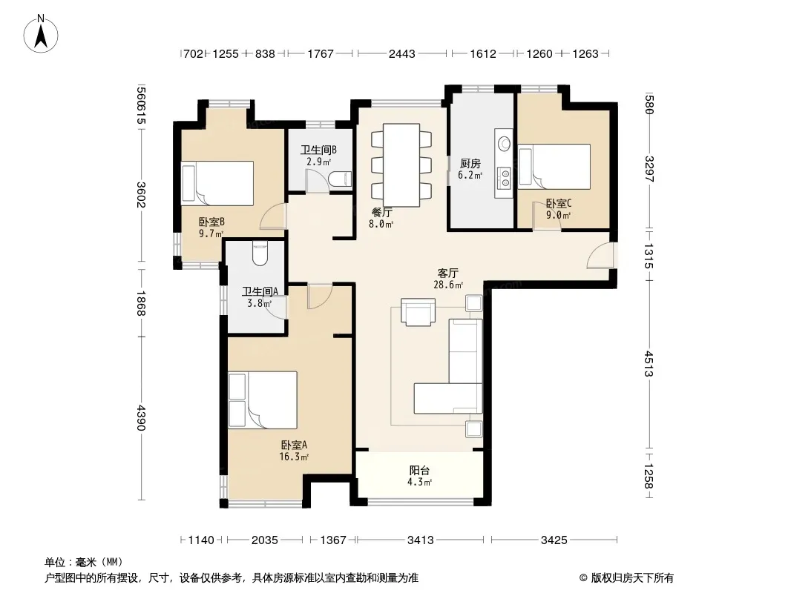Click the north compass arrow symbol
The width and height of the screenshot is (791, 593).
(x=41, y=34)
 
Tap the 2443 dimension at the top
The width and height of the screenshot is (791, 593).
(x=401, y=53)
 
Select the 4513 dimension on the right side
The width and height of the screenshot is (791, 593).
(x=649, y=364)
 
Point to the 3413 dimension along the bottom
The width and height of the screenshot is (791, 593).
(x=420, y=540)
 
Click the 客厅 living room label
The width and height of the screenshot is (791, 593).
(x=447, y=273)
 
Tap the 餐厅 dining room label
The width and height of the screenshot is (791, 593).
(x=381, y=213)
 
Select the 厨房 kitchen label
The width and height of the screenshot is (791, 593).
(x=470, y=164)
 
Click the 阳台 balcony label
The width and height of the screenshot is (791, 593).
(x=419, y=471)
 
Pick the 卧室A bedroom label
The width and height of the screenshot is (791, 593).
(x=294, y=445)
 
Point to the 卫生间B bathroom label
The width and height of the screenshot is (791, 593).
(x=318, y=150)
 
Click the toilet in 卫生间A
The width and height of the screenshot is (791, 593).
(x=260, y=254)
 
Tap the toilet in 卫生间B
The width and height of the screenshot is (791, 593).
(x=340, y=179)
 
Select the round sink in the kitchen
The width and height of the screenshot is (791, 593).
(x=504, y=144)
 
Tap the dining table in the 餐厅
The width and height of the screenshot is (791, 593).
(x=401, y=165)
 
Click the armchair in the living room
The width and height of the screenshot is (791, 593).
(x=418, y=312)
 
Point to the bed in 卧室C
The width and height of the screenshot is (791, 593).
(x=554, y=167)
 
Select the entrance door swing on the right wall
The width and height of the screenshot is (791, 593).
(x=601, y=255)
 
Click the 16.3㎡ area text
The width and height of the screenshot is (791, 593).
(x=294, y=457)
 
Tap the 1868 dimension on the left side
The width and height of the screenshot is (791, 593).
(x=141, y=303)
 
